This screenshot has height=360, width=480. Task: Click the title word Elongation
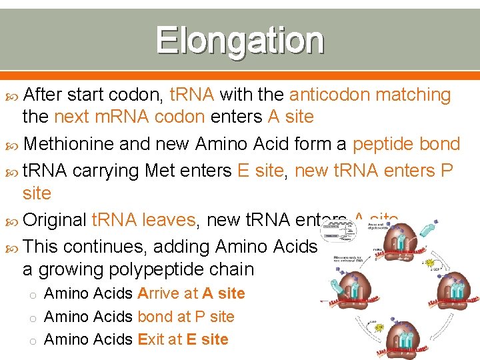tap(240, 41)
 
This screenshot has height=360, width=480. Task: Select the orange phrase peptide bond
tap(406, 144)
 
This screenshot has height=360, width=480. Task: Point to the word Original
tap(55, 220)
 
